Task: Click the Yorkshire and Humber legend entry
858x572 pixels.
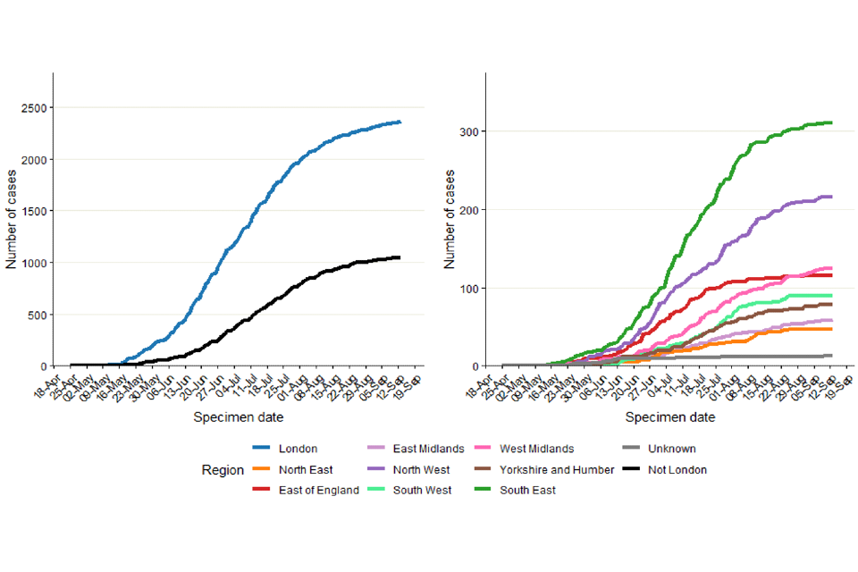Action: coord(559,469)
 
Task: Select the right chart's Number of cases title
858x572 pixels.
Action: coord(451,219)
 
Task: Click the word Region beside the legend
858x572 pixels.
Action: coord(223,469)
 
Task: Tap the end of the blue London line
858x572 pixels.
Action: coord(400,122)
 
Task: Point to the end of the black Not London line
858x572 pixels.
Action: coord(400,257)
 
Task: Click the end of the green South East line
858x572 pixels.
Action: coord(831,122)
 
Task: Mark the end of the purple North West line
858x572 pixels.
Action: coord(831,197)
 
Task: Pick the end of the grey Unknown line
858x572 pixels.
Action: coord(831,356)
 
